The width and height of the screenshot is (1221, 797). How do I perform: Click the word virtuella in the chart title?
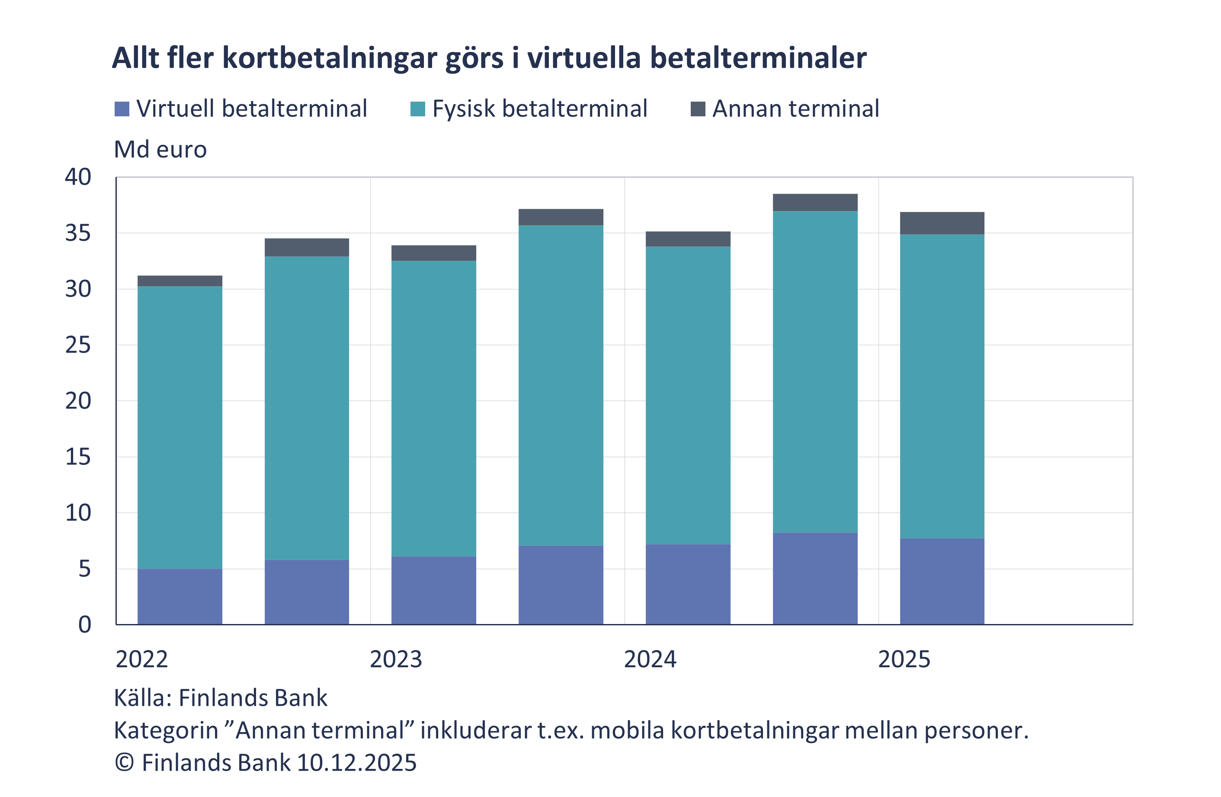[584, 58]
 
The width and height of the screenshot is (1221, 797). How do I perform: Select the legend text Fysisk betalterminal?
[539, 109]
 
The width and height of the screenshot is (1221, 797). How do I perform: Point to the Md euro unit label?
[160, 150]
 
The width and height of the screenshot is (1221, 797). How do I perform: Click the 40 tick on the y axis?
[78, 177]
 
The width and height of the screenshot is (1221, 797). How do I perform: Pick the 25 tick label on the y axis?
[78, 346]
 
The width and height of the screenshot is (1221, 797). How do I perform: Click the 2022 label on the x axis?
[141, 659]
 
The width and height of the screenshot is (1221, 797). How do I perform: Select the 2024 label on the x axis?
[650, 659]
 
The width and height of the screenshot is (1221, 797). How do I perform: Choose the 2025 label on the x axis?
[904, 659]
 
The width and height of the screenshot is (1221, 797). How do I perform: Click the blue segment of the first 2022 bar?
[179, 596]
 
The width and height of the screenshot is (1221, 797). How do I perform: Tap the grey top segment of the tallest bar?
[815, 202]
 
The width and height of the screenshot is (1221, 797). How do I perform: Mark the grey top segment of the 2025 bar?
[942, 223]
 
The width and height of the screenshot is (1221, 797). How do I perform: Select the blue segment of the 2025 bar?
[942, 581]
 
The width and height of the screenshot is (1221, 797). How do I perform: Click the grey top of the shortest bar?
[179, 281]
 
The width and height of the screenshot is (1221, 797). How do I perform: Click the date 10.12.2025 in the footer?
[356, 763]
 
